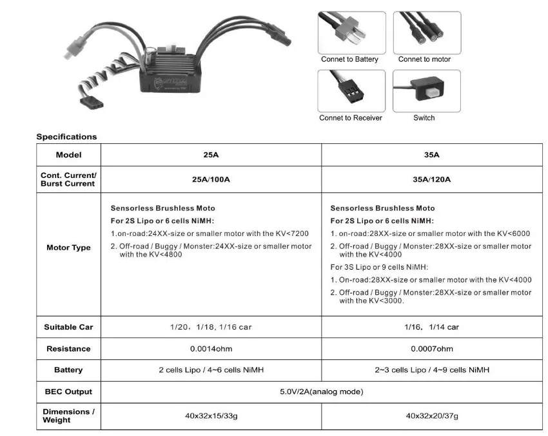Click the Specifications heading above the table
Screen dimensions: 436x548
(66, 137)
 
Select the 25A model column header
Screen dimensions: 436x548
(211, 155)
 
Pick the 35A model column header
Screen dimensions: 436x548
(431, 155)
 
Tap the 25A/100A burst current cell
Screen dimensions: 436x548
(211, 179)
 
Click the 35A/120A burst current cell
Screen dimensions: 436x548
(431, 179)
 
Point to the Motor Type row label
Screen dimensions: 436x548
(68, 248)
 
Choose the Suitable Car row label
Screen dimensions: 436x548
(68, 327)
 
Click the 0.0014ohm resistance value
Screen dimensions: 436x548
(211, 349)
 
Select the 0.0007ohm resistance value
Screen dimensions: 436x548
(431, 349)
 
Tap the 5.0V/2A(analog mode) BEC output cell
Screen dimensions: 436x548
(321, 391)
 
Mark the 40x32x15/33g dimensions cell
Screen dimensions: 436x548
(211, 416)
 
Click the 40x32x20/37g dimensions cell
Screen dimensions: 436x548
(431, 416)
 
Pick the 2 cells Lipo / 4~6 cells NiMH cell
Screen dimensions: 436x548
(211, 370)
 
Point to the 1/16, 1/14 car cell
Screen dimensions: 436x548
(431, 327)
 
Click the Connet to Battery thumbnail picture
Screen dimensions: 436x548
(351, 32)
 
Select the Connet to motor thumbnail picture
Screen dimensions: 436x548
(427, 32)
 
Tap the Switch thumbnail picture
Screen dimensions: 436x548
(427, 91)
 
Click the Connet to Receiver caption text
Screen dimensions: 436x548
(351, 118)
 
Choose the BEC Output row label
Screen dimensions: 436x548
(68, 391)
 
